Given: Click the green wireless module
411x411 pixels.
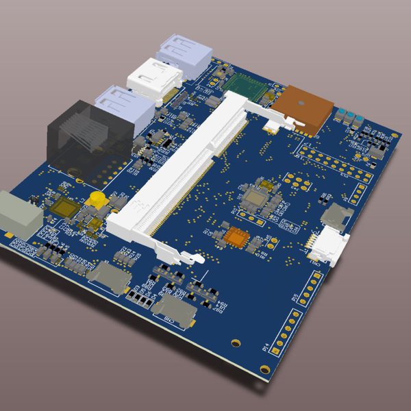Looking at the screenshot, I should click(247, 88).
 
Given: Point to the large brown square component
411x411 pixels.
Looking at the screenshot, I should click(306, 106).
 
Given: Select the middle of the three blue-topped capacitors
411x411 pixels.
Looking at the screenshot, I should click(350, 115).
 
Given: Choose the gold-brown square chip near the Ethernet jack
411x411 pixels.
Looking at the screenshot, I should click(66, 208).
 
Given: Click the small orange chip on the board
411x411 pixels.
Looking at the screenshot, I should click(236, 237).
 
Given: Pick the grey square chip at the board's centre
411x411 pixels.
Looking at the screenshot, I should click(258, 199).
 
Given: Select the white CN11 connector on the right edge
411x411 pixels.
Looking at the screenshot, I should click(332, 245).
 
